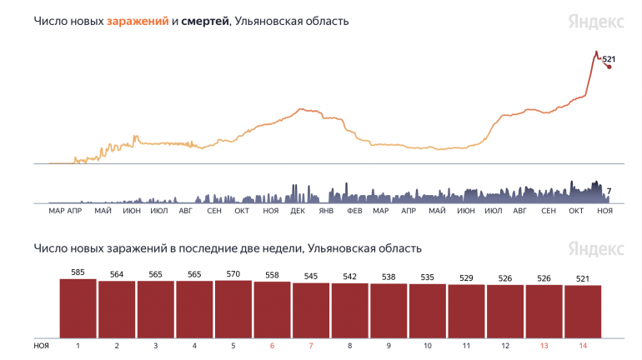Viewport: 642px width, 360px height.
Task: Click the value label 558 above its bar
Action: pyautogui.click(x=272, y=275)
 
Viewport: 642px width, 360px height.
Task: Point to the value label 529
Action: pyautogui.click(x=466, y=277)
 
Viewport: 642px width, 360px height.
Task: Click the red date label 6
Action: pyautogui.click(x=272, y=344)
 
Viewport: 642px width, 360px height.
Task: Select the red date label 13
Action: pyautogui.click(x=544, y=344)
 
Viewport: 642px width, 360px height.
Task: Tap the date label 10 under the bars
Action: pyautogui.click(x=427, y=344)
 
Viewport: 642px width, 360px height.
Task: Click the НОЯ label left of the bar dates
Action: pyautogui.click(x=41, y=344)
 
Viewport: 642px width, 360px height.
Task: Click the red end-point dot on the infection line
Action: pyautogui.click(x=609, y=67)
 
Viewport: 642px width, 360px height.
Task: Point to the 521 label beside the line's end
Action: pyautogui.click(x=609, y=59)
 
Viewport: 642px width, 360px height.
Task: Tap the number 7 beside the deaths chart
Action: pyautogui.click(x=609, y=192)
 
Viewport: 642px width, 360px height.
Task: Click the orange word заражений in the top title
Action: pyautogui.click(x=137, y=21)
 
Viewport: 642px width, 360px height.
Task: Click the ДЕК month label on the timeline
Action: pyautogui.click(x=298, y=212)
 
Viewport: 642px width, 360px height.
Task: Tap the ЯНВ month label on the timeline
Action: pyautogui.click(x=326, y=212)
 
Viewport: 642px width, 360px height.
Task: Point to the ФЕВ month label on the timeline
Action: pyautogui.click(x=354, y=212)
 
